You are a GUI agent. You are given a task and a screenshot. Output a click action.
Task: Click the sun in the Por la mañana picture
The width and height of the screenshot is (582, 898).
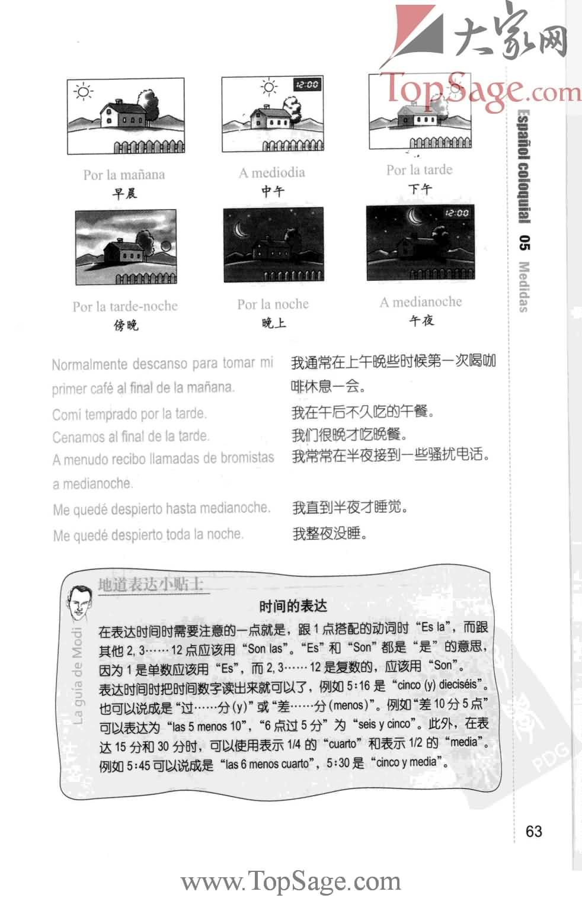point(84,92)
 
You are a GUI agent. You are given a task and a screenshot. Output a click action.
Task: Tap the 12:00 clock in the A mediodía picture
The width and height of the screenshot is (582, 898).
point(306,85)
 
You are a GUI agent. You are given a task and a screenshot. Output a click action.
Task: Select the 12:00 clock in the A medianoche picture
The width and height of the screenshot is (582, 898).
point(456,213)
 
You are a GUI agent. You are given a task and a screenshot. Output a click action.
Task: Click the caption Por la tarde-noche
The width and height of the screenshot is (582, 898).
point(125,306)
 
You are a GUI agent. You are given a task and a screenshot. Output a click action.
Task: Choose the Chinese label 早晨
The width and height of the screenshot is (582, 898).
point(124,193)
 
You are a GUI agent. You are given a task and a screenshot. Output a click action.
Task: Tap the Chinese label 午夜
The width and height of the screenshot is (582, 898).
point(421,320)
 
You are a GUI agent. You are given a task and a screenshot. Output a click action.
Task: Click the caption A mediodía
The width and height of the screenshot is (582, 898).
point(272,173)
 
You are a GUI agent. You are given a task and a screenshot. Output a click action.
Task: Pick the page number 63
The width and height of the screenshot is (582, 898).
point(533,831)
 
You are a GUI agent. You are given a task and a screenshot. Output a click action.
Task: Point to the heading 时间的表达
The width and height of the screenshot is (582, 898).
point(293,606)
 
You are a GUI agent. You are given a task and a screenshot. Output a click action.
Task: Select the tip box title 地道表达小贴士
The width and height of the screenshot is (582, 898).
point(151,585)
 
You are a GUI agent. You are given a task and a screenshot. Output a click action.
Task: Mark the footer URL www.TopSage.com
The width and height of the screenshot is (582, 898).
point(291,881)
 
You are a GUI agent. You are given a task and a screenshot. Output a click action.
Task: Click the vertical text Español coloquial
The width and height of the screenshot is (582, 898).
point(524,166)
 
